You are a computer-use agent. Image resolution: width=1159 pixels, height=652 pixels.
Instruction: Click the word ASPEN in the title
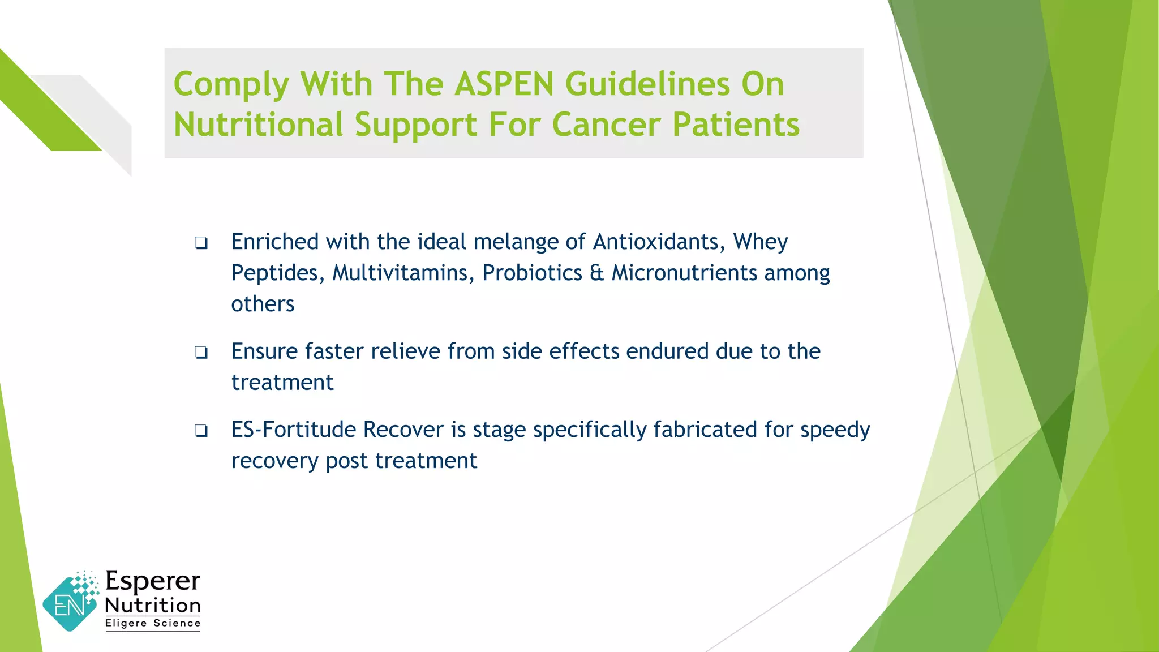[x=504, y=84]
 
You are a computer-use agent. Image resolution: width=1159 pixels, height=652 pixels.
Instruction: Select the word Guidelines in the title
[x=647, y=84]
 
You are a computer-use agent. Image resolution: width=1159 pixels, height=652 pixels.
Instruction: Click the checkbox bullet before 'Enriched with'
[x=201, y=243]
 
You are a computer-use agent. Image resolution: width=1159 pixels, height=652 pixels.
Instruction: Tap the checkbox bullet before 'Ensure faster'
[x=201, y=353]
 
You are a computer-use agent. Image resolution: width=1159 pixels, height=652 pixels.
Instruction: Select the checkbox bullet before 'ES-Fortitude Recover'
[x=201, y=431]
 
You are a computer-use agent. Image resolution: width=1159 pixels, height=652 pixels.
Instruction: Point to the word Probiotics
[x=532, y=273]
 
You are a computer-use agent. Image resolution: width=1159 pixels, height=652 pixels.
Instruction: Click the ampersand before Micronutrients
[x=596, y=273]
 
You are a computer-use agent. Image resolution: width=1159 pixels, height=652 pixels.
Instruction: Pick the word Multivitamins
[x=403, y=273]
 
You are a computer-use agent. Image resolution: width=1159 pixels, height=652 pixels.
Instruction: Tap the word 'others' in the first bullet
[x=263, y=304]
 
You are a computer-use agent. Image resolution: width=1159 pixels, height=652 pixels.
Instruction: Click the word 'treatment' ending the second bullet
[x=282, y=383]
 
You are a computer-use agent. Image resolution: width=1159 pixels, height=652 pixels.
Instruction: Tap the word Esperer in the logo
[x=153, y=581]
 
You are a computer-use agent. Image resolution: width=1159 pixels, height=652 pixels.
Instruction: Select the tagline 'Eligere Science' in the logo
[x=153, y=623]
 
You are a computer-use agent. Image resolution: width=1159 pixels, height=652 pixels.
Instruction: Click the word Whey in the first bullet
[x=760, y=242]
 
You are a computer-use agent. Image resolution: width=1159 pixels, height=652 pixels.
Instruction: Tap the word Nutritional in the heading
[x=258, y=125]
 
